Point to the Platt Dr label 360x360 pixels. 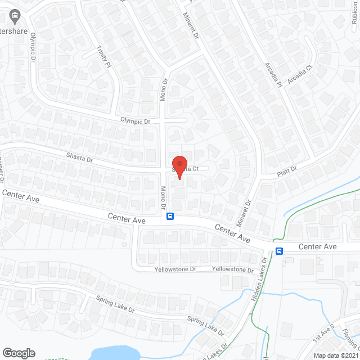coord(286,171)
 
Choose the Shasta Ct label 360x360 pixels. coord(186,168)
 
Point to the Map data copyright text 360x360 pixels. coord(336,355)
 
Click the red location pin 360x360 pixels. coord(179,166)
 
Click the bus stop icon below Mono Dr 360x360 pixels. coord(170,216)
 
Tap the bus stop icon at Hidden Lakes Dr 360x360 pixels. coord(278,251)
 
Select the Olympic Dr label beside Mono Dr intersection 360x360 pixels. coord(136,121)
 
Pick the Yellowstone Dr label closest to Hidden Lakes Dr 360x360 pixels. coord(233,269)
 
